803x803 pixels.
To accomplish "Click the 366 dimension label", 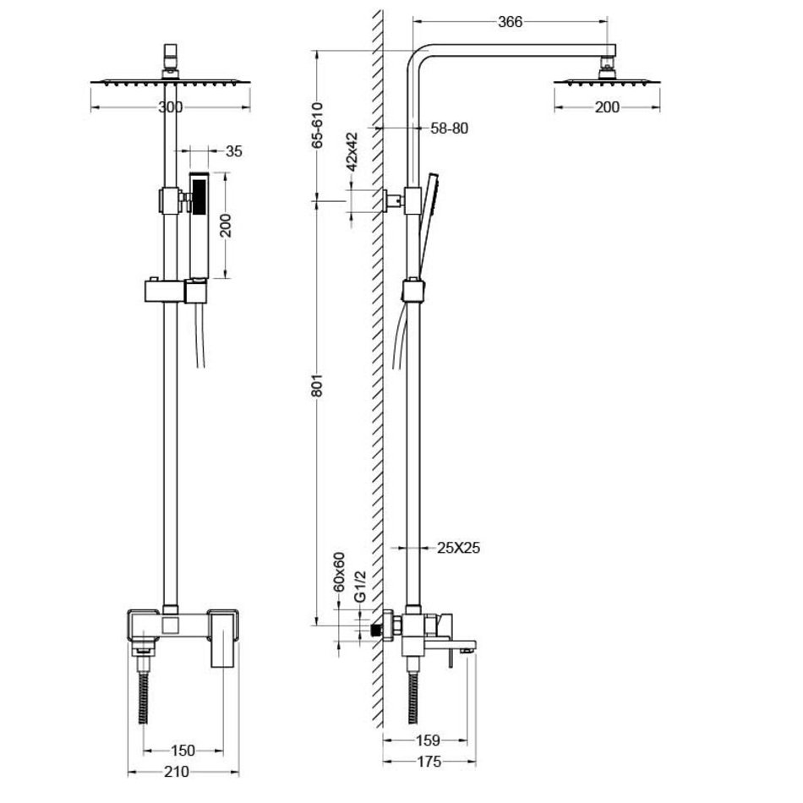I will point(511,24).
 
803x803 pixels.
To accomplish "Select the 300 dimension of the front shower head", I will point(170,107).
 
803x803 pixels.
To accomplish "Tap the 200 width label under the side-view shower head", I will point(607,107).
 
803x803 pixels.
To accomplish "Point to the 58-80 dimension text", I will point(449,128).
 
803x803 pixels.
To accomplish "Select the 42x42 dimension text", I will point(352,152).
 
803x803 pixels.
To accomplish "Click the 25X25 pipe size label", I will point(459,548).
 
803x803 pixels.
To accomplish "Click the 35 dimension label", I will point(234,152).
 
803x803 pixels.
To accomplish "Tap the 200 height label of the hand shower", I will point(226,225).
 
